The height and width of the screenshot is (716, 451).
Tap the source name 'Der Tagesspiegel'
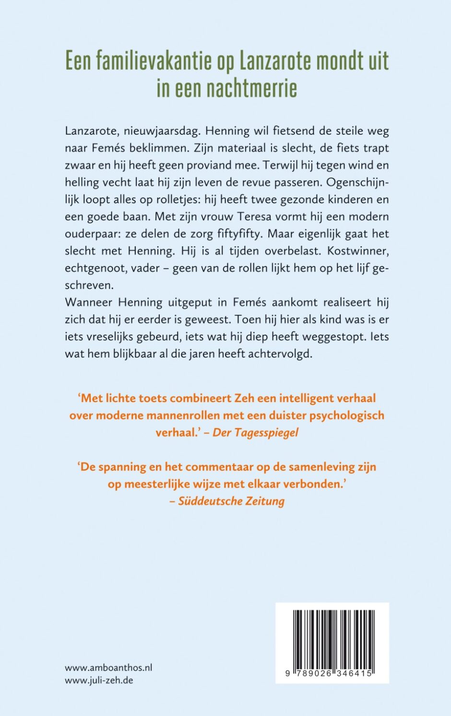[255, 432]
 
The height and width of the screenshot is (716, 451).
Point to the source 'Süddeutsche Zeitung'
[231, 501]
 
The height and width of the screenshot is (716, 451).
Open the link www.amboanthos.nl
[108, 668]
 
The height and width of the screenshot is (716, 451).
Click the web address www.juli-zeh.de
[99, 680]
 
